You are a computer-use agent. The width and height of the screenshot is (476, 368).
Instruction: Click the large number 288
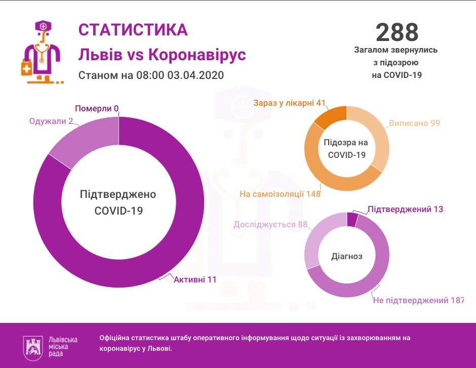[397, 32]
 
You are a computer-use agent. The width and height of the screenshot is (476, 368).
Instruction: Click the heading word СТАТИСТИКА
[133, 30]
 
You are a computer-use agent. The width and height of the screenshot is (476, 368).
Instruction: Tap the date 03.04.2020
[195, 75]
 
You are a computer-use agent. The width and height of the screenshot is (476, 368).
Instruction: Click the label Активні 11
[195, 279]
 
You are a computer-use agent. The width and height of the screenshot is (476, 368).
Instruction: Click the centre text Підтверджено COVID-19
[118, 202]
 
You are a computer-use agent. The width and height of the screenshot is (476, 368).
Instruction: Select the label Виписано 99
[414, 123]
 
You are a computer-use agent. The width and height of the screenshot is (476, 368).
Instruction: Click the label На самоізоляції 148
[280, 194]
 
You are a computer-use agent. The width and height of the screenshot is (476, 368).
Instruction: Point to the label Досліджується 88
[270, 224]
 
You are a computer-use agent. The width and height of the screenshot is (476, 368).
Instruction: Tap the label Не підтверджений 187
[418, 301]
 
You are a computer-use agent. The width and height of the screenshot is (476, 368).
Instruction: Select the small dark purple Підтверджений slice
[352, 219]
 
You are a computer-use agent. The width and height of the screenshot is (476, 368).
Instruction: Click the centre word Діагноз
[347, 256]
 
